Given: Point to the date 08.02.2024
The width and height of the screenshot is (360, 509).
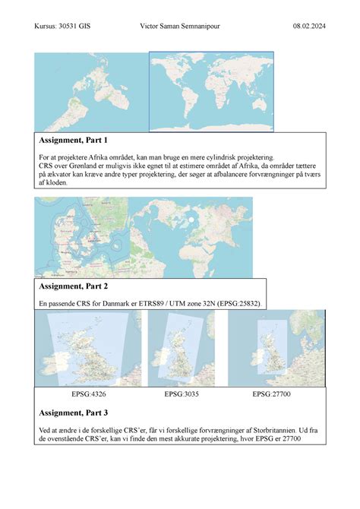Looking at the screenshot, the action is pyautogui.click(x=309, y=27).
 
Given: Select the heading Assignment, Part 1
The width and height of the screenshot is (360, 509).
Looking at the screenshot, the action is pyautogui.click(x=73, y=141).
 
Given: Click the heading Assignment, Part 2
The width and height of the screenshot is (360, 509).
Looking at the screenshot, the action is pyautogui.click(x=73, y=286).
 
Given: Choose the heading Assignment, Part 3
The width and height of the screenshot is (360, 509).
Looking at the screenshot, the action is pyautogui.click(x=73, y=413).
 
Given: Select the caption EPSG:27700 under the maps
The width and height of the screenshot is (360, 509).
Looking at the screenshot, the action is pyautogui.click(x=273, y=395).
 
